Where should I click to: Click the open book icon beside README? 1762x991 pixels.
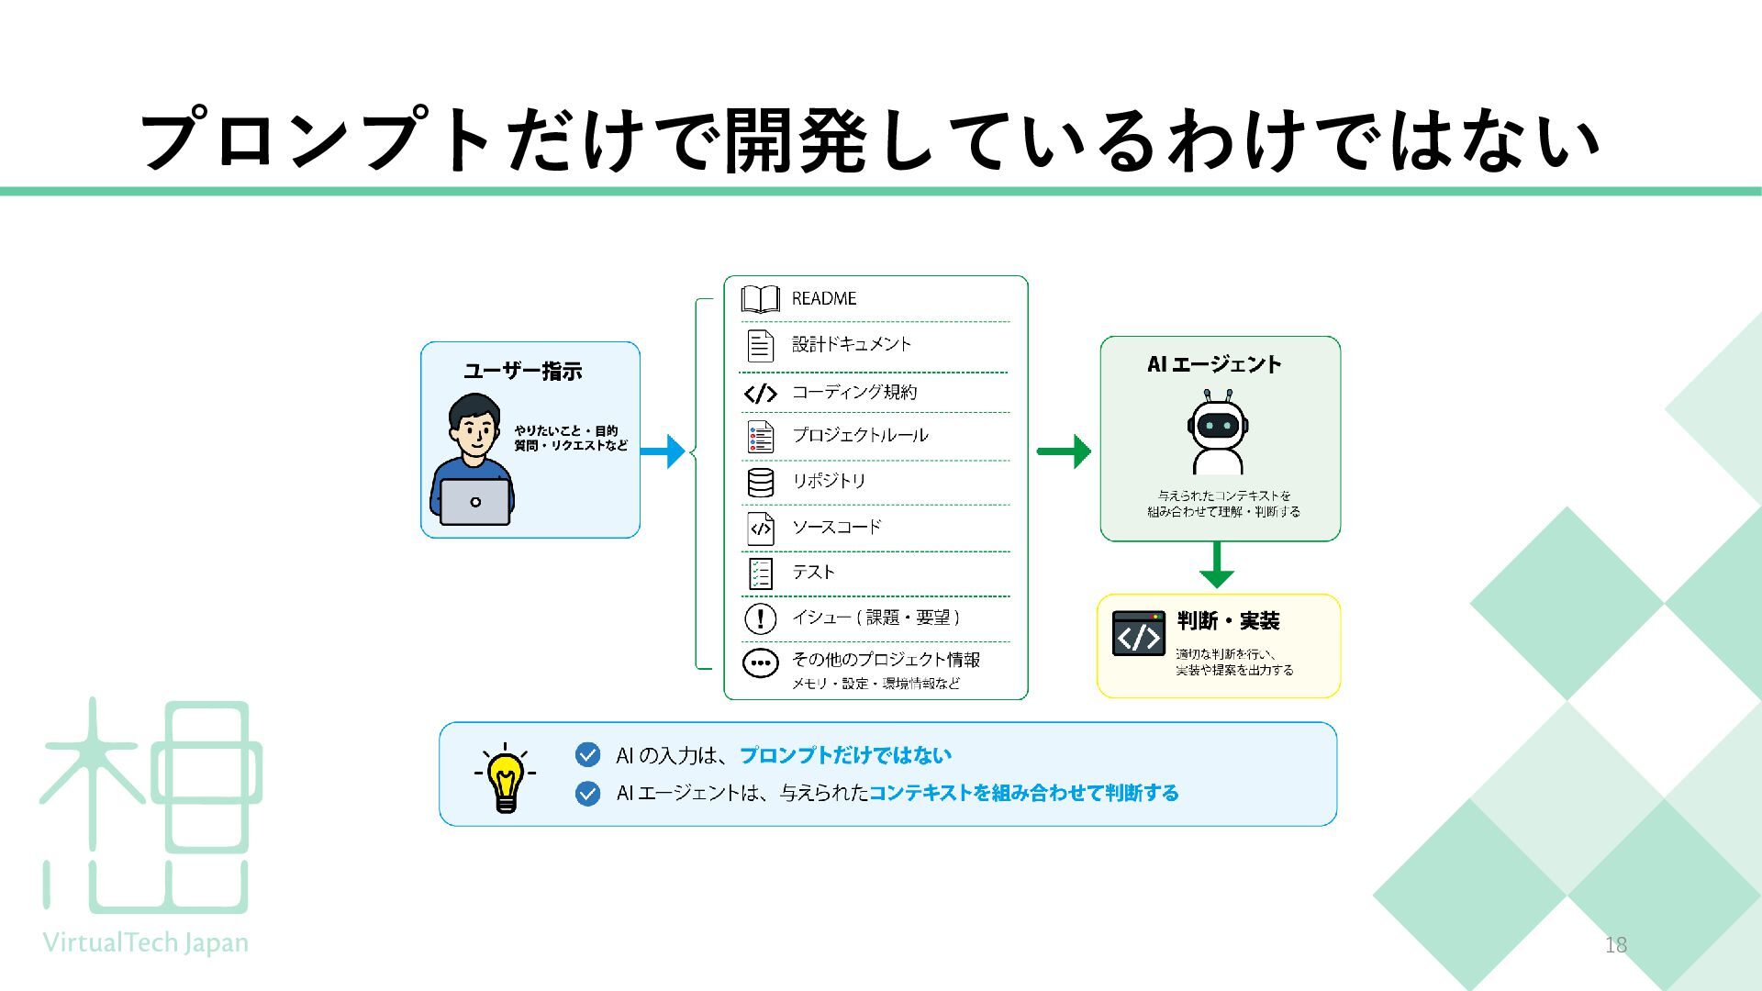tap(760, 298)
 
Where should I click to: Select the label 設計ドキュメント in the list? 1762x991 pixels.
tap(852, 344)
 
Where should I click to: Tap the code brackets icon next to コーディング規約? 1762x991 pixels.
tap(760, 394)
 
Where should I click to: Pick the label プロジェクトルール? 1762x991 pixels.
tap(860, 435)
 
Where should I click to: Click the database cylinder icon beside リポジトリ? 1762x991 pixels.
tap(760, 482)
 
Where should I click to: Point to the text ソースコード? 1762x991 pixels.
tap(836, 527)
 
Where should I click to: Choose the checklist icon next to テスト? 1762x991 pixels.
tap(760, 573)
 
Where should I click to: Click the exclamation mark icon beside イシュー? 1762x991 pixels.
tap(760, 618)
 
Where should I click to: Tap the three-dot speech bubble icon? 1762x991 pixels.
tap(760, 663)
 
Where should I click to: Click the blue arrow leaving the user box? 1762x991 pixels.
tap(663, 451)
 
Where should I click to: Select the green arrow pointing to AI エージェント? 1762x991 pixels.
tap(1064, 451)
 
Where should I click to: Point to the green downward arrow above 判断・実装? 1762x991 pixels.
tap(1217, 564)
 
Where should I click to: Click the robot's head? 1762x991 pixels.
tap(1218, 424)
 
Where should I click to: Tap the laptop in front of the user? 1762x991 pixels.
tap(474, 502)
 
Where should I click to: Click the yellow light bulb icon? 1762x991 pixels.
tap(505, 778)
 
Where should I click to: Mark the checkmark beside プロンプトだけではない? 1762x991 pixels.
tap(587, 754)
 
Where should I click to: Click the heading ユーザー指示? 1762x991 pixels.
tap(522, 372)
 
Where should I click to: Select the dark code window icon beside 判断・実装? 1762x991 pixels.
tap(1138, 633)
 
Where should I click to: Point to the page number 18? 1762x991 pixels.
tap(1615, 944)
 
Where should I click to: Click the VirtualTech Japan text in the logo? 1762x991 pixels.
tap(146, 942)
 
